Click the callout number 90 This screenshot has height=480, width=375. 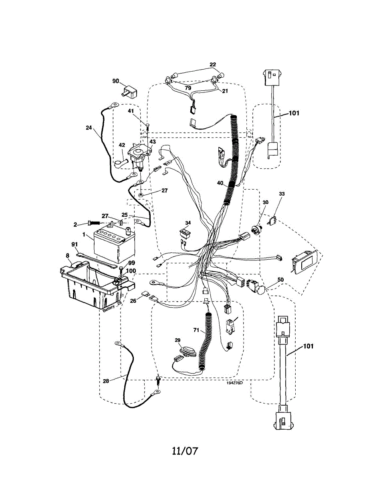click(x=115, y=82)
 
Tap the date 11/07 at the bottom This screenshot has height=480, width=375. click(x=185, y=451)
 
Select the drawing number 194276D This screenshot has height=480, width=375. click(x=234, y=383)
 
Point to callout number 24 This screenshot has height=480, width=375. click(x=89, y=128)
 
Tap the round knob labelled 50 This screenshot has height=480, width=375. click(x=261, y=289)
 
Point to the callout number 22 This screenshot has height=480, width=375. click(x=213, y=64)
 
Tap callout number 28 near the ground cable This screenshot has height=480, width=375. click(x=106, y=381)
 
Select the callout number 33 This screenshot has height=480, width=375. click(x=282, y=194)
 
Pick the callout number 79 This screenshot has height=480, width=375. click(x=188, y=88)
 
